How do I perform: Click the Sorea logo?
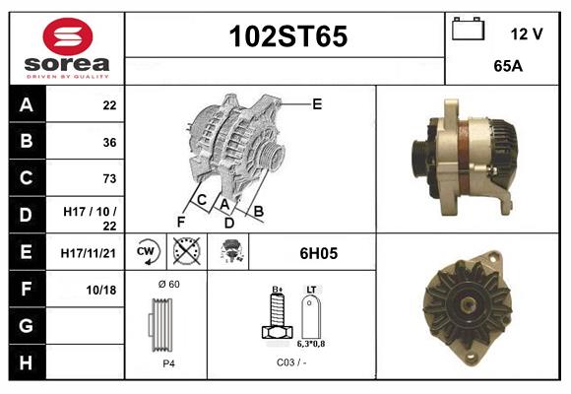tap(67, 48)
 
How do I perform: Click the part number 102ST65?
tap(287, 37)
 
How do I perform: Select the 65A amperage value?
tap(507, 68)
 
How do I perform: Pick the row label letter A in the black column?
tap(27, 105)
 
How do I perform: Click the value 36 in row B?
tap(109, 142)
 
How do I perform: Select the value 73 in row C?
tap(109, 178)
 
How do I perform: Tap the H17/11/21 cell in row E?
tap(89, 252)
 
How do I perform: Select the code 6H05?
tap(318, 253)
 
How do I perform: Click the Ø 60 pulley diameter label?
tap(168, 285)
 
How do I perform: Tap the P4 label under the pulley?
tap(167, 362)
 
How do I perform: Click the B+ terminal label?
tap(278, 289)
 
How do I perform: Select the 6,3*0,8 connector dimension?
tap(310, 345)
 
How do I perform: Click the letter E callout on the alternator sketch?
tap(317, 103)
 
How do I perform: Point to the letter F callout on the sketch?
tap(181, 222)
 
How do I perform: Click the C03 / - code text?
tap(290, 362)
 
